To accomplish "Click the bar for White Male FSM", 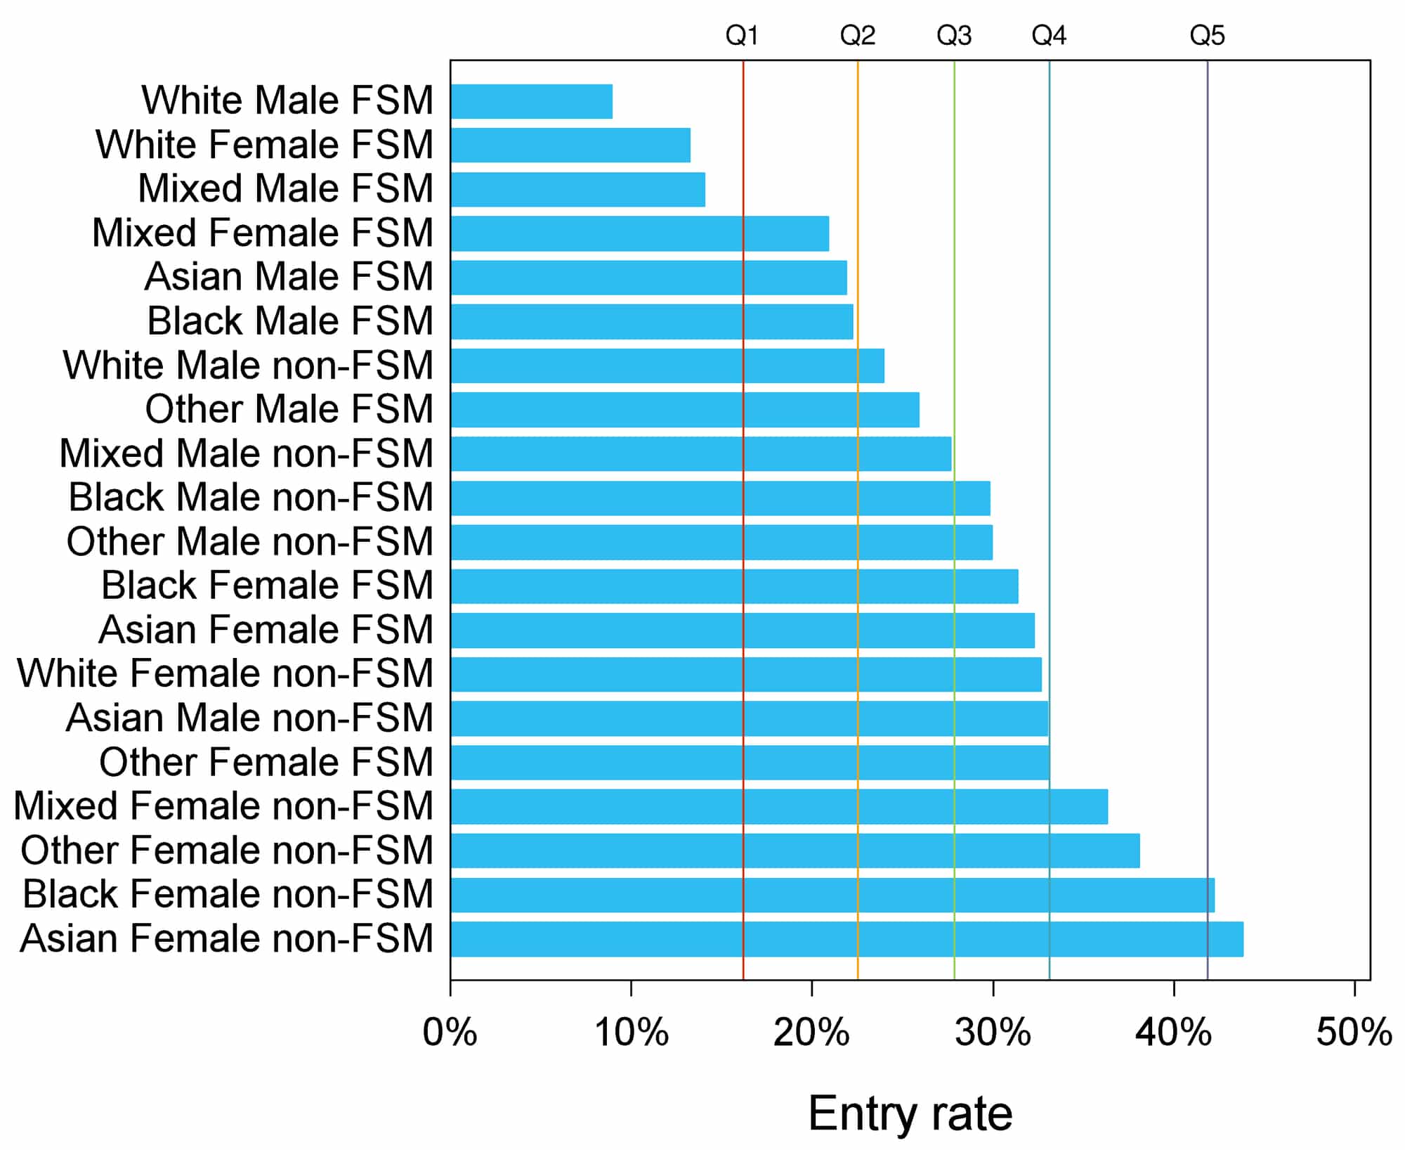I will (x=532, y=101).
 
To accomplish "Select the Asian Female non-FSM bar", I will (x=847, y=939).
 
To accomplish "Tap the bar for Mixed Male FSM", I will (x=577, y=189).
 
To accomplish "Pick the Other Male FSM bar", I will (x=685, y=410).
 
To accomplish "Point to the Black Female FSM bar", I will (x=734, y=586).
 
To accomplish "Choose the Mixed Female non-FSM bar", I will (x=779, y=806).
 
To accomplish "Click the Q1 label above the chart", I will (x=742, y=35).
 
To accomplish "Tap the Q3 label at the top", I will (x=954, y=35).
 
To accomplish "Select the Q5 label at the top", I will (x=1207, y=35).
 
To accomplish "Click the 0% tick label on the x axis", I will (x=450, y=1033).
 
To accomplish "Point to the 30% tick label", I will (x=993, y=1033).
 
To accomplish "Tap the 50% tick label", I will (x=1354, y=1033).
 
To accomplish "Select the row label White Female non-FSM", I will (x=225, y=673).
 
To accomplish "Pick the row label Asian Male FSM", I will (x=289, y=276).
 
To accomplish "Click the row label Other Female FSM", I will (x=266, y=762).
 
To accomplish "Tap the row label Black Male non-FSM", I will (x=251, y=498).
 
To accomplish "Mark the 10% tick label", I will (x=631, y=1033).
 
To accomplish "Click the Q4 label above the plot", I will (x=1049, y=35).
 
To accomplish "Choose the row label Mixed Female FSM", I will (x=263, y=233).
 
